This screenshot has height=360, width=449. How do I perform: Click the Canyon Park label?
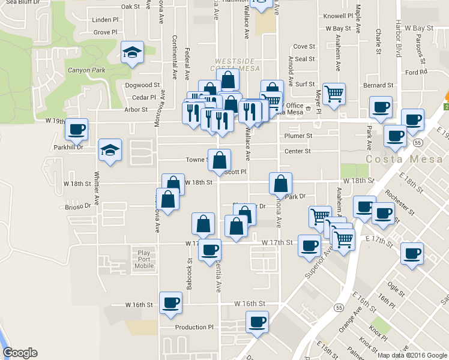(86, 70)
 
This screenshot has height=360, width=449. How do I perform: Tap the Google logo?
(20, 353)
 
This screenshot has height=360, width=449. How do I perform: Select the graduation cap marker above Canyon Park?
(132, 53)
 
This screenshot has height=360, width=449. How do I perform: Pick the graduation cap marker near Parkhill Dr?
(110, 150)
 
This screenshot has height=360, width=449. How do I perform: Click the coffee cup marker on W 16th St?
(170, 303)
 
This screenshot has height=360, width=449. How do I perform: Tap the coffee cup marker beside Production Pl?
(257, 322)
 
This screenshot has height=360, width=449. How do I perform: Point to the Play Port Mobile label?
(143, 259)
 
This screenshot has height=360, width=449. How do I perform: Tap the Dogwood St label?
(142, 85)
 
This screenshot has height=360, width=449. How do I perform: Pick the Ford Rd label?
(415, 72)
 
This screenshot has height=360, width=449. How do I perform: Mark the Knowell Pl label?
(338, 16)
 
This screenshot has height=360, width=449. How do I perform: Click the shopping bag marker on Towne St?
(220, 160)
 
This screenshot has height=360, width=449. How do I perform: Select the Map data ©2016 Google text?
(412, 355)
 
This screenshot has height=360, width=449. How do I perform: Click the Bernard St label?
(378, 86)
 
